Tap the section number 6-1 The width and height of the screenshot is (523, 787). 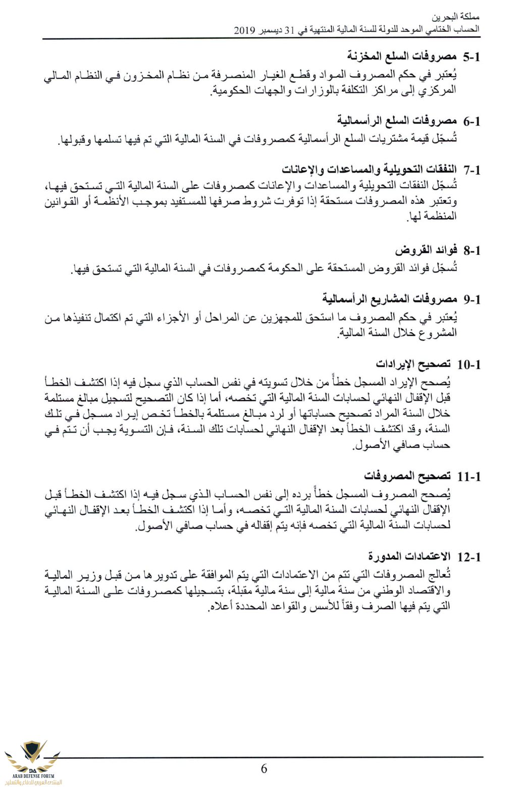tap(472, 121)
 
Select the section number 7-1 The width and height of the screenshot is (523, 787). tap(472, 170)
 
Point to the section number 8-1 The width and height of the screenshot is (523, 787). tap(472, 250)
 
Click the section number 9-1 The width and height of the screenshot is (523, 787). tap(472, 299)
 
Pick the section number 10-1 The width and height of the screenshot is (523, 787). tap(468, 364)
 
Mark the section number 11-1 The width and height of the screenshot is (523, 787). tap(468, 477)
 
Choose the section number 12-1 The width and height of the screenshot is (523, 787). tap(468, 557)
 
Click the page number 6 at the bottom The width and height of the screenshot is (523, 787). tap(264, 769)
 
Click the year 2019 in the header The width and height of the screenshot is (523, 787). tap(245, 30)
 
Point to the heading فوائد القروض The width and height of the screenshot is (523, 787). tap(426, 250)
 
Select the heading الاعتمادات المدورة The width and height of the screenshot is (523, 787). tap(409, 557)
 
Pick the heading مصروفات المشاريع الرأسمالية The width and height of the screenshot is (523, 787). tap(390, 299)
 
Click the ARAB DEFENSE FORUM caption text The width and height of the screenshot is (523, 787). tap(33, 776)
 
